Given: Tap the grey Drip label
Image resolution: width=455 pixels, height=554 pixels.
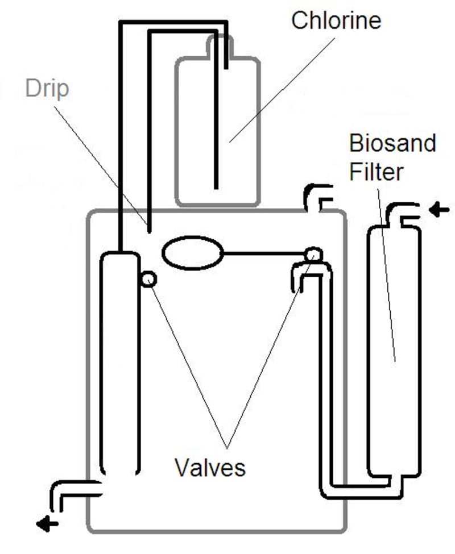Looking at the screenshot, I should coord(48,89).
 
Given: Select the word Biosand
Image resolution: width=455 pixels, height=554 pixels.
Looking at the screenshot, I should coord(392,143).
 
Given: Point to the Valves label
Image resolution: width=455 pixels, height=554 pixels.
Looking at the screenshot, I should coord(210,467).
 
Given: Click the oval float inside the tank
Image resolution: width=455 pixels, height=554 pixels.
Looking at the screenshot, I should coord(192,253).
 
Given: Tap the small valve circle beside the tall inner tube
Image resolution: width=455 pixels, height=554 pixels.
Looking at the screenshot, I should coord(148,279).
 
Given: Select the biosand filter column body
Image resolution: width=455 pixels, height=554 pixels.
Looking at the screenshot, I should coord(394,352).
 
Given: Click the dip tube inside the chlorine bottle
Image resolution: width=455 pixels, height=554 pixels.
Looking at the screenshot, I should coord(216,125).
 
